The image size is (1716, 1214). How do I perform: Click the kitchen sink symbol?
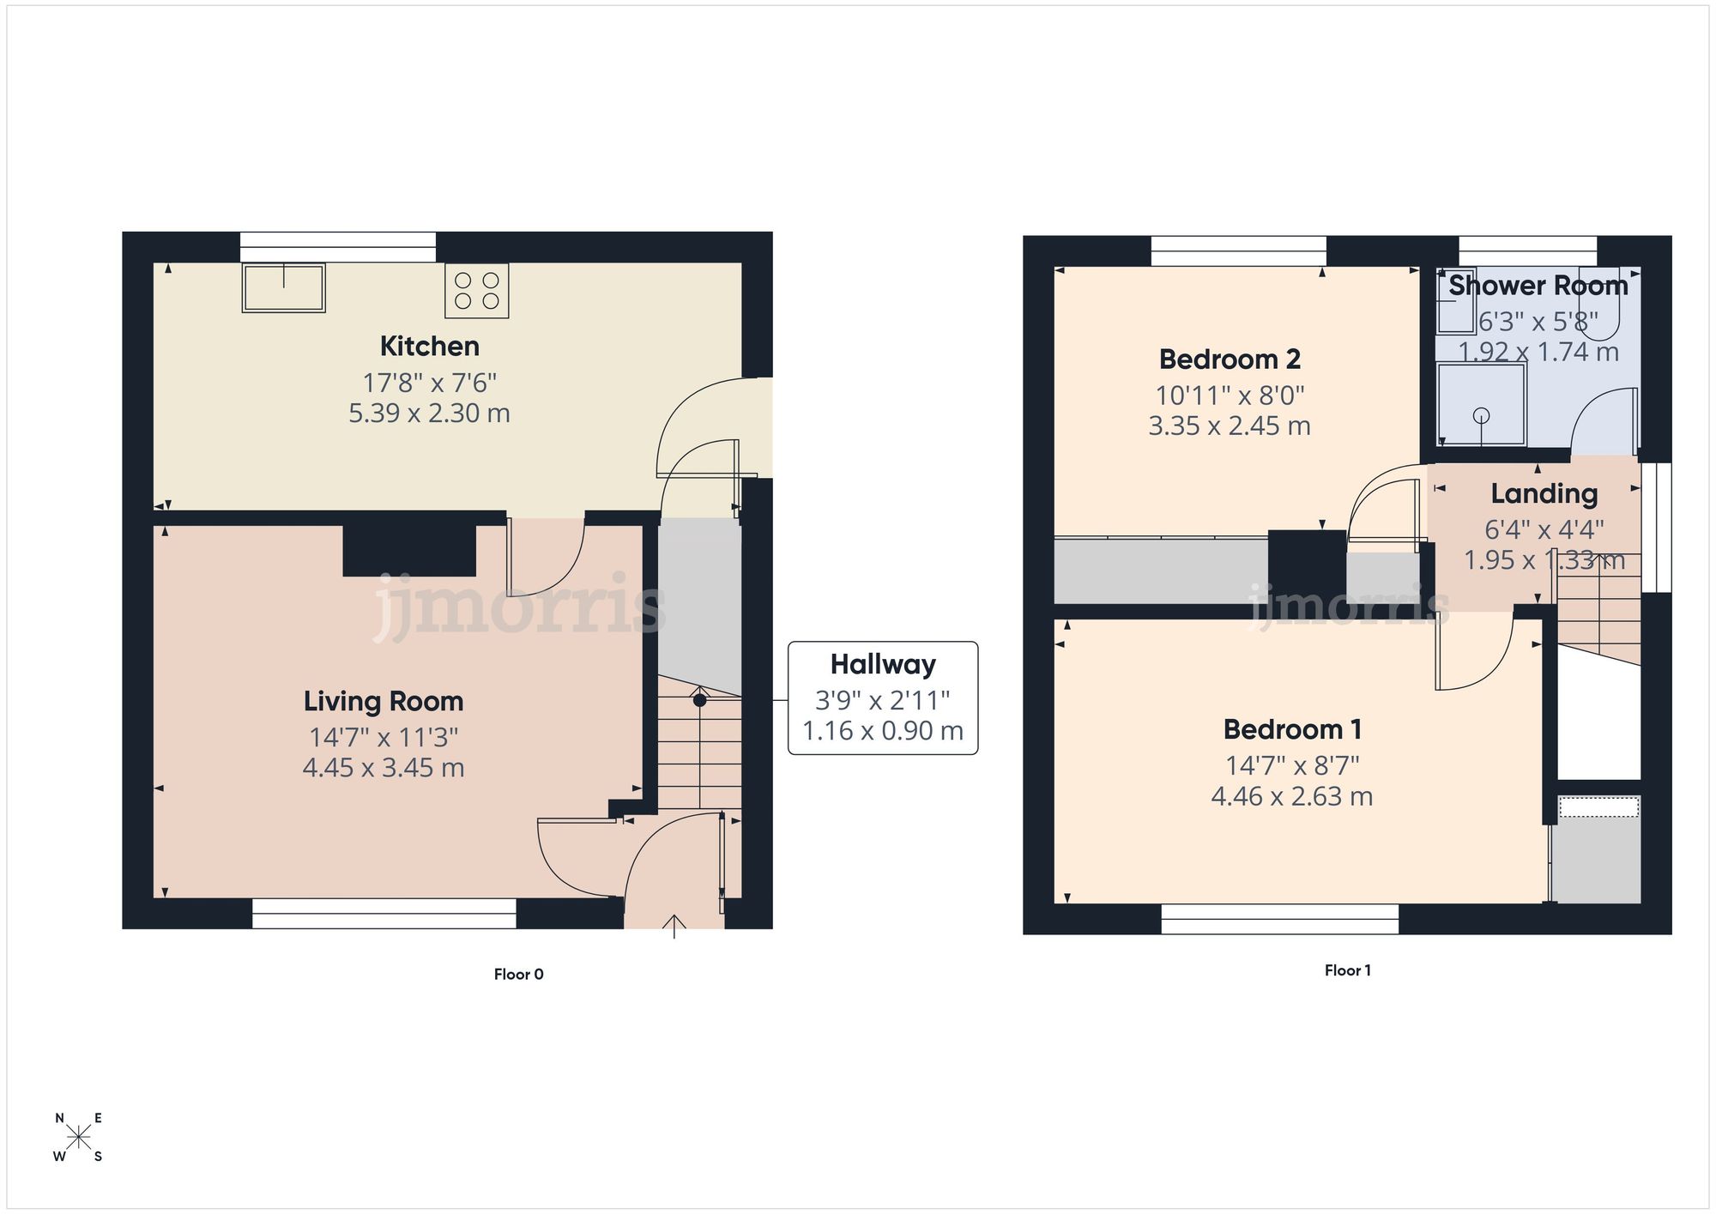[x=283, y=287]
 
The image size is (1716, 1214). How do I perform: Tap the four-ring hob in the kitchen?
[x=477, y=290]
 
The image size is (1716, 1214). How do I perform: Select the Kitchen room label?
[x=429, y=347]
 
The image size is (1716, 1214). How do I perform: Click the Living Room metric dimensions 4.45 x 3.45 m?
[x=384, y=768]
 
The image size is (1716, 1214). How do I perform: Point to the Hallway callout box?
[x=882, y=698]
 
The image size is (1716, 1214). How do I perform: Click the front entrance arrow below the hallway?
[x=674, y=927]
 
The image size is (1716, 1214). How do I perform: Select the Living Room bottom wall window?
[x=384, y=914]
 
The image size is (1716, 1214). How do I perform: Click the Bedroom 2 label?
[x=1229, y=359]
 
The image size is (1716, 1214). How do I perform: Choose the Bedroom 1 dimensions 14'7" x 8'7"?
[x=1291, y=765]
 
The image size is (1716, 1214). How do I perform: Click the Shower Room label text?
[x=1538, y=286]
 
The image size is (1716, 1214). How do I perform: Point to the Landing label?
[x=1544, y=494]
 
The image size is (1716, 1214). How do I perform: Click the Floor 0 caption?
[x=518, y=974]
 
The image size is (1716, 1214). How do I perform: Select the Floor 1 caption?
[x=1347, y=970]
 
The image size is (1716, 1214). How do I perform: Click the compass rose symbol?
[x=78, y=1138]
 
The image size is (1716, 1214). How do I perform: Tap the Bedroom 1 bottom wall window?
[x=1279, y=919]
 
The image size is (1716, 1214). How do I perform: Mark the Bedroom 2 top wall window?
[x=1238, y=251]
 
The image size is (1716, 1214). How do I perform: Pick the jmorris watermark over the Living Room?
[x=519, y=607]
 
